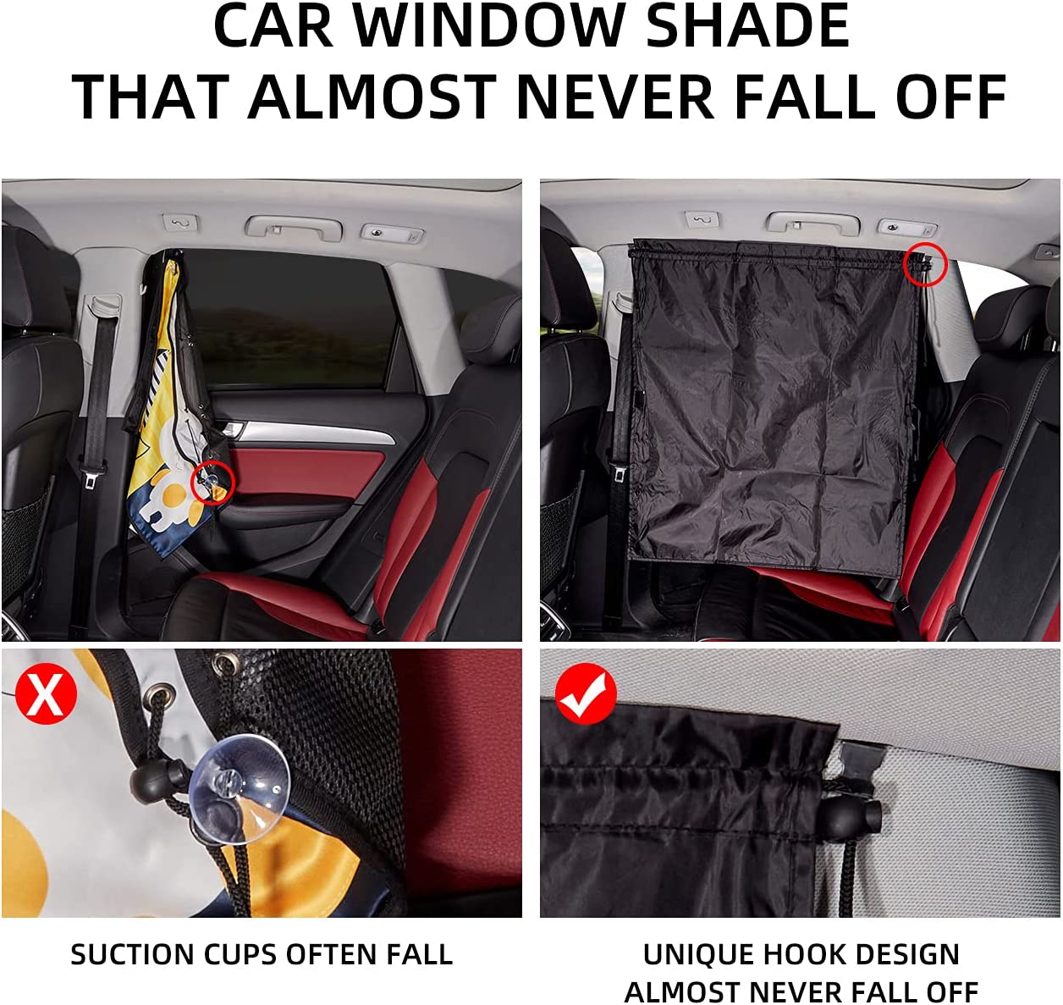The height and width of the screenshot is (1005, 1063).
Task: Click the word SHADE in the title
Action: [x=748, y=25]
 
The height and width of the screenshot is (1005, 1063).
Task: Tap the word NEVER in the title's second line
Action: [x=615, y=97]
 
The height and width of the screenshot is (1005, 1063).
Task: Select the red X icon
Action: [x=46, y=693]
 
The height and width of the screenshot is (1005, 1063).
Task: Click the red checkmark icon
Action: [x=587, y=693]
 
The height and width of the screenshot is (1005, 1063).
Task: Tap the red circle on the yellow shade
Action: [x=213, y=483]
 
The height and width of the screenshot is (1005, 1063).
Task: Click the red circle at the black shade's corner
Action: [x=925, y=264]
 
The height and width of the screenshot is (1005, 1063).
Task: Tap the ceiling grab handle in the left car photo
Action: [x=294, y=227]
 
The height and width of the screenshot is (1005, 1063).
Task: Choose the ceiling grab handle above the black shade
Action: [x=813, y=224]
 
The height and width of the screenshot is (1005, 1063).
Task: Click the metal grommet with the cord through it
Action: [x=161, y=697]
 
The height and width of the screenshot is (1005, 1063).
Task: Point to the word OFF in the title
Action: [x=951, y=97]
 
